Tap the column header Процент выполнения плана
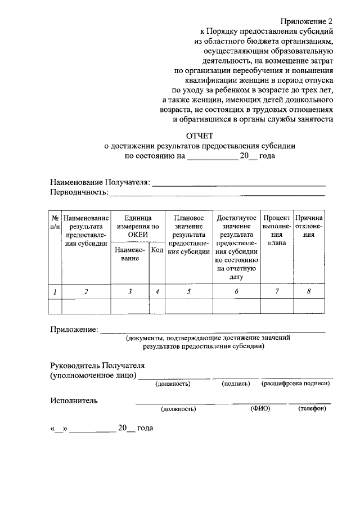(276, 230)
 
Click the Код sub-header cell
(157, 249)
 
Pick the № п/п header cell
(55, 222)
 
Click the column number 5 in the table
(189, 291)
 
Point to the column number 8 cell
(309, 291)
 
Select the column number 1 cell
(55, 291)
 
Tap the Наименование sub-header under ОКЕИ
(130, 254)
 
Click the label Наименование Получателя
(100, 182)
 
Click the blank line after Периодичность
(217, 194)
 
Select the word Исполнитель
(74, 400)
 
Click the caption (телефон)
(312, 409)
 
